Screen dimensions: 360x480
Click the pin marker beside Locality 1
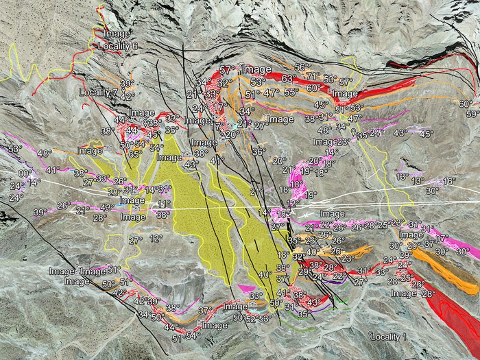click(372, 335)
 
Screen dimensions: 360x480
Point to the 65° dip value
click(135, 154)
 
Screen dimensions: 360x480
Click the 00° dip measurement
click(25, 173)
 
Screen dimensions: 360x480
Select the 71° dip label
click(313, 76)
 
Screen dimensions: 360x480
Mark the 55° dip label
click(291, 92)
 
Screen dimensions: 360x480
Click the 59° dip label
click(472, 114)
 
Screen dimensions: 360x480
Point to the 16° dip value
click(449, 181)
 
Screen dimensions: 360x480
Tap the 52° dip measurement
click(251, 319)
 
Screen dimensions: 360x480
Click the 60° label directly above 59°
click(466, 104)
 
